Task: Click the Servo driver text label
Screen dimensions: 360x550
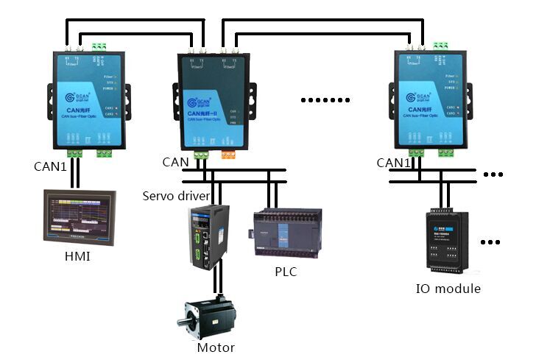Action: [x=176, y=197]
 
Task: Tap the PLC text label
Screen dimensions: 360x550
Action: [x=286, y=272]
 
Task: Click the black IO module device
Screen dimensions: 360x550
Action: [x=446, y=240]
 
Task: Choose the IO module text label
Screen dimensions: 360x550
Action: [x=448, y=289]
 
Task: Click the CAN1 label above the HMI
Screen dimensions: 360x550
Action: [x=50, y=166]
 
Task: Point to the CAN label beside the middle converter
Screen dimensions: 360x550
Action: [x=175, y=162]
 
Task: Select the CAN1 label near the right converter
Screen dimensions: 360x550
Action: [x=393, y=163]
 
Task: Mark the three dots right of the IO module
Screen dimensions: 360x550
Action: [x=493, y=241]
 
